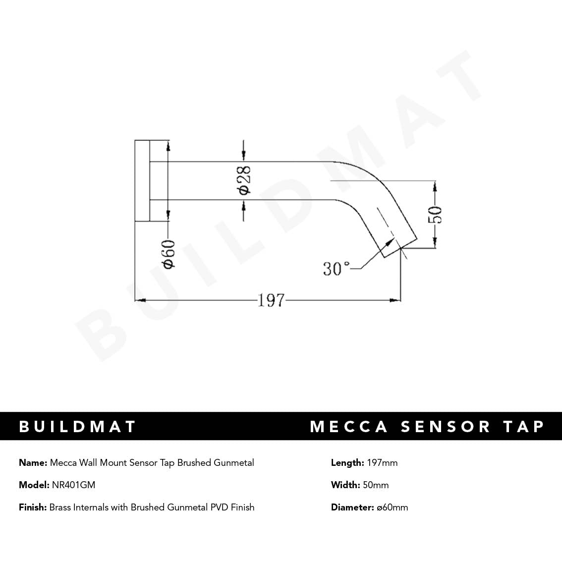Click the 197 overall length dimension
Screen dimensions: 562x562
(271, 300)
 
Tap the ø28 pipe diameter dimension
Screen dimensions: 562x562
(244, 180)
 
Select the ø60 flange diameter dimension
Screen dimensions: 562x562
(169, 254)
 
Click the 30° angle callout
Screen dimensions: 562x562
(336, 269)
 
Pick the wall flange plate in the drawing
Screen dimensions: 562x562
(142, 180)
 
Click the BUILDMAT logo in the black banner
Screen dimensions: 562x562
(77, 426)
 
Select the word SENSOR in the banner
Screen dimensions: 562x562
(445, 426)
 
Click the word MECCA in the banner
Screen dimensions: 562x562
(349, 426)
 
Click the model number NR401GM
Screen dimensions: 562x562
(73, 485)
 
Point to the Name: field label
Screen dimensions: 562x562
(33, 463)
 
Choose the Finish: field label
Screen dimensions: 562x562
(33, 507)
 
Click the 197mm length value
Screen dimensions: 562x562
(382, 463)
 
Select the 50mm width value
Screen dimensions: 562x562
(376, 485)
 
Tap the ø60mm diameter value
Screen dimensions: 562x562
(392, 507)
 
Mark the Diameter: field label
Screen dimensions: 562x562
(352, 507)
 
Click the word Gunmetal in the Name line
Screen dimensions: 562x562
(233, 463)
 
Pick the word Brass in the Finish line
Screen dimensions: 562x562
(60, 507)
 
